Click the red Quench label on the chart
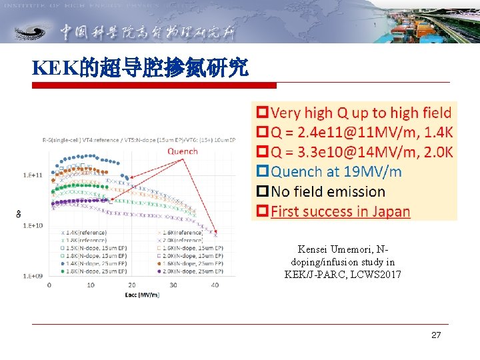(x=182, y=151)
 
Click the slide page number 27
(x=435, y=335)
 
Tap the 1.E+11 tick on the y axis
(x=33, y=175)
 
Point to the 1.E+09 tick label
(x=33, y=275)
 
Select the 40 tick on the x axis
(x=215, y=285)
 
